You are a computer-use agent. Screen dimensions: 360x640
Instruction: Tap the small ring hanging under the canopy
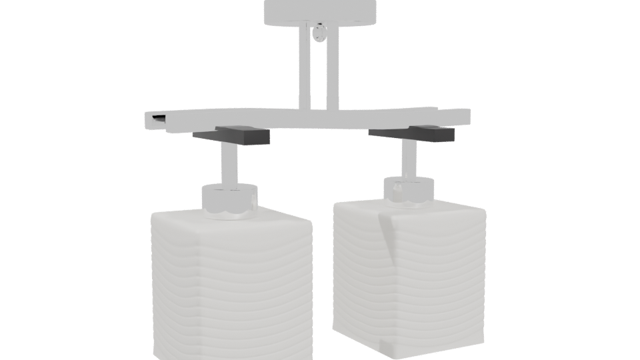click(x=320, y=31)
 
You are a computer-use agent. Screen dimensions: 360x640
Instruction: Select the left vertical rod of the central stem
click(x=311, y=67)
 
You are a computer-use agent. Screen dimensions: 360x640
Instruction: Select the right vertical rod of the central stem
click(x=331, y=67)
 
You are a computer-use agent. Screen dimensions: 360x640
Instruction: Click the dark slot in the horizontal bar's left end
click(x=159, y=119)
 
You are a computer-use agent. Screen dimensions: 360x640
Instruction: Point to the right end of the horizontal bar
click(x=465, y=117)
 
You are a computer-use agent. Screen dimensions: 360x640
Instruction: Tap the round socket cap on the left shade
click(x=229, y=201)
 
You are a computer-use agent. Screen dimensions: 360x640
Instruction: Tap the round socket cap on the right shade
click(x=409, y=191)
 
